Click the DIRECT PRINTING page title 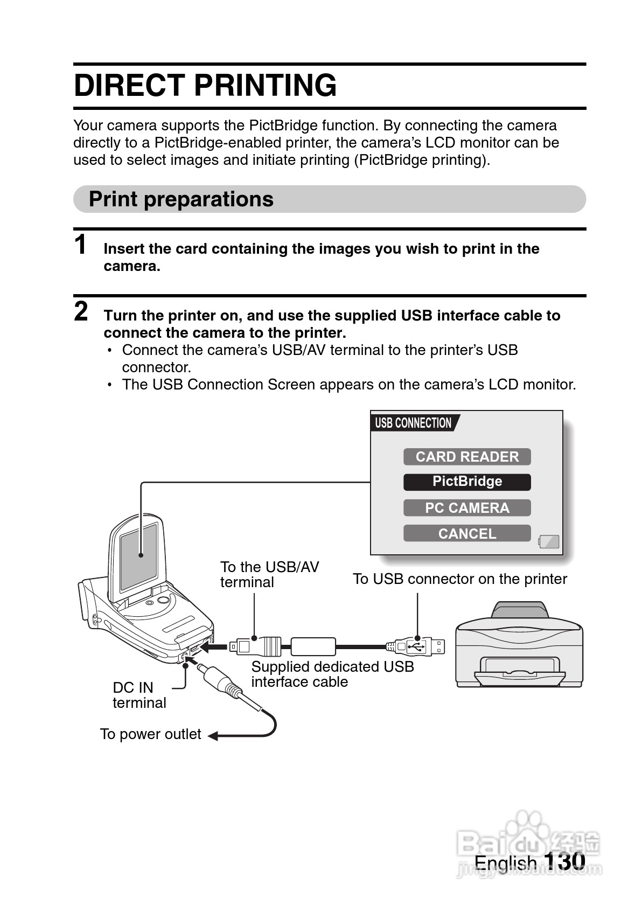205,85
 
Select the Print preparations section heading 181,199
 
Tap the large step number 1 80,245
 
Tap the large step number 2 81,311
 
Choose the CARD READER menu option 467,457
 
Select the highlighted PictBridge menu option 467,482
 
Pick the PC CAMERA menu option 467,508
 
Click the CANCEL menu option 467,533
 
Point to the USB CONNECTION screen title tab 414,423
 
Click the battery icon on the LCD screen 549,541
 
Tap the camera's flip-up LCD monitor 139,555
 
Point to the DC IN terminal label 139,695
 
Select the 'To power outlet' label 150,734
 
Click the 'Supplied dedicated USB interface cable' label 332,674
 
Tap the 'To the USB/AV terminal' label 269,574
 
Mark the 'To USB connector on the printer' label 459,579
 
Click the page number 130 564,861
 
